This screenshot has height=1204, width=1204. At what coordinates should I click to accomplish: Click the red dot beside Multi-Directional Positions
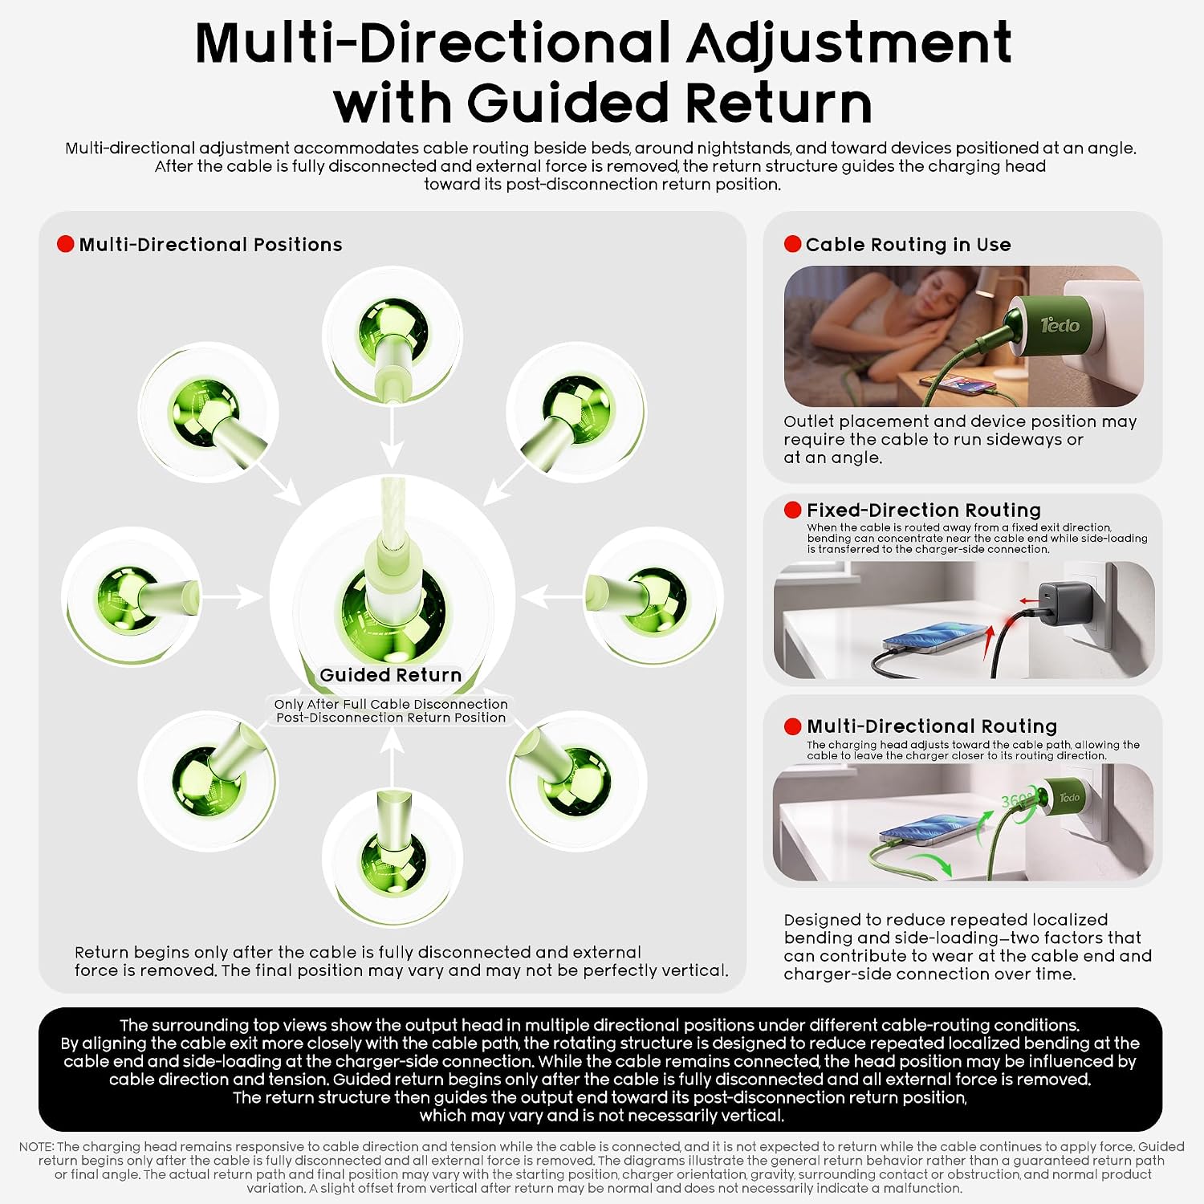point(66,244)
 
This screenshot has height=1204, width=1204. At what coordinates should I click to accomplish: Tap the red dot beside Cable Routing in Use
point(793,244)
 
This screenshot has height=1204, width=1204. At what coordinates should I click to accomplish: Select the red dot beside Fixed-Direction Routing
point(793,510)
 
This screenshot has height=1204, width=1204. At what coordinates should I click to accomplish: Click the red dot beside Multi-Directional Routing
point(793,726)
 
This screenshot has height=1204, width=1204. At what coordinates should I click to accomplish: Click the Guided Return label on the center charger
point(391,675)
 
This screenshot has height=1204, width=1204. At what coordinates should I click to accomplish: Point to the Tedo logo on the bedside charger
point(1060,325)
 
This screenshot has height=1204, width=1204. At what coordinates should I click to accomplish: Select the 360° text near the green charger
point(1017,800)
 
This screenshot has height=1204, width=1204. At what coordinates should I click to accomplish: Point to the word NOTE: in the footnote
point(36,1146)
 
